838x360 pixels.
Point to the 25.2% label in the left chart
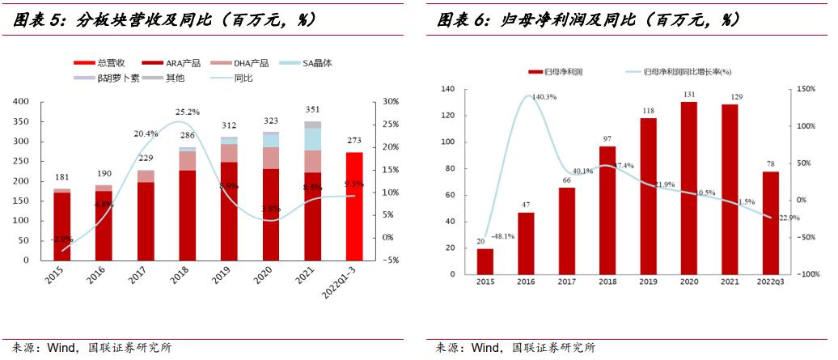pos(188,112)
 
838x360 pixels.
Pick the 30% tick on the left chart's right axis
pos(391,102)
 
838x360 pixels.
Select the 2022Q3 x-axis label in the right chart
pos(769,281)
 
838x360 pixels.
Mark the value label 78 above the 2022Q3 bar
pos(770,164)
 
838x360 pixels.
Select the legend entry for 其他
pos(175,78)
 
